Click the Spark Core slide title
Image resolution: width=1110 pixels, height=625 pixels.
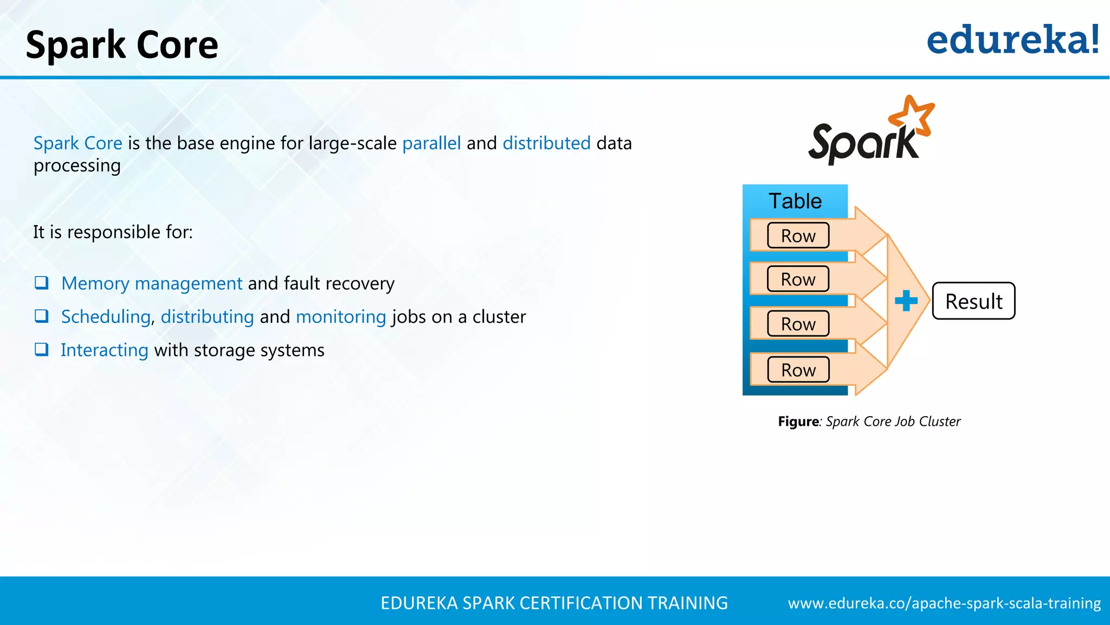coord(122,45)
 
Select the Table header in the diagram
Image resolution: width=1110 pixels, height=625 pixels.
coord(795,201)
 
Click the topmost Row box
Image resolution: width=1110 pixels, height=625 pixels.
coord(798,235)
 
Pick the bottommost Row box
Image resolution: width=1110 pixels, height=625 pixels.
coord(798,370)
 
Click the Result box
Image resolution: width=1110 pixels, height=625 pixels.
coord(973,301)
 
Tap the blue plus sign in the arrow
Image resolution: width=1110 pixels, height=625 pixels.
coord(906,301)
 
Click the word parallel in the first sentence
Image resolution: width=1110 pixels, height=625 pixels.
coord(431,143)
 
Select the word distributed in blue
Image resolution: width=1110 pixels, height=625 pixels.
coord(546,143)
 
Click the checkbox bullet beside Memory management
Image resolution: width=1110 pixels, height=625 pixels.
coord(42,283)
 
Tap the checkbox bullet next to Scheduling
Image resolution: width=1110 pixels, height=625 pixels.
coord(42,316)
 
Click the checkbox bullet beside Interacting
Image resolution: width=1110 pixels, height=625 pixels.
coord(42,349)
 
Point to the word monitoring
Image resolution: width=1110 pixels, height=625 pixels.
coord(341,317)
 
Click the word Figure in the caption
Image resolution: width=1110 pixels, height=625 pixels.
coord(798,422)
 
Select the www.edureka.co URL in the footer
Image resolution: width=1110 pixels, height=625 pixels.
coord(944,603)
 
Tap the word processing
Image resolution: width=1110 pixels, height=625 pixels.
coord(77,166)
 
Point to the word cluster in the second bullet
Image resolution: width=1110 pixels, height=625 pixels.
coord(499,317)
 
